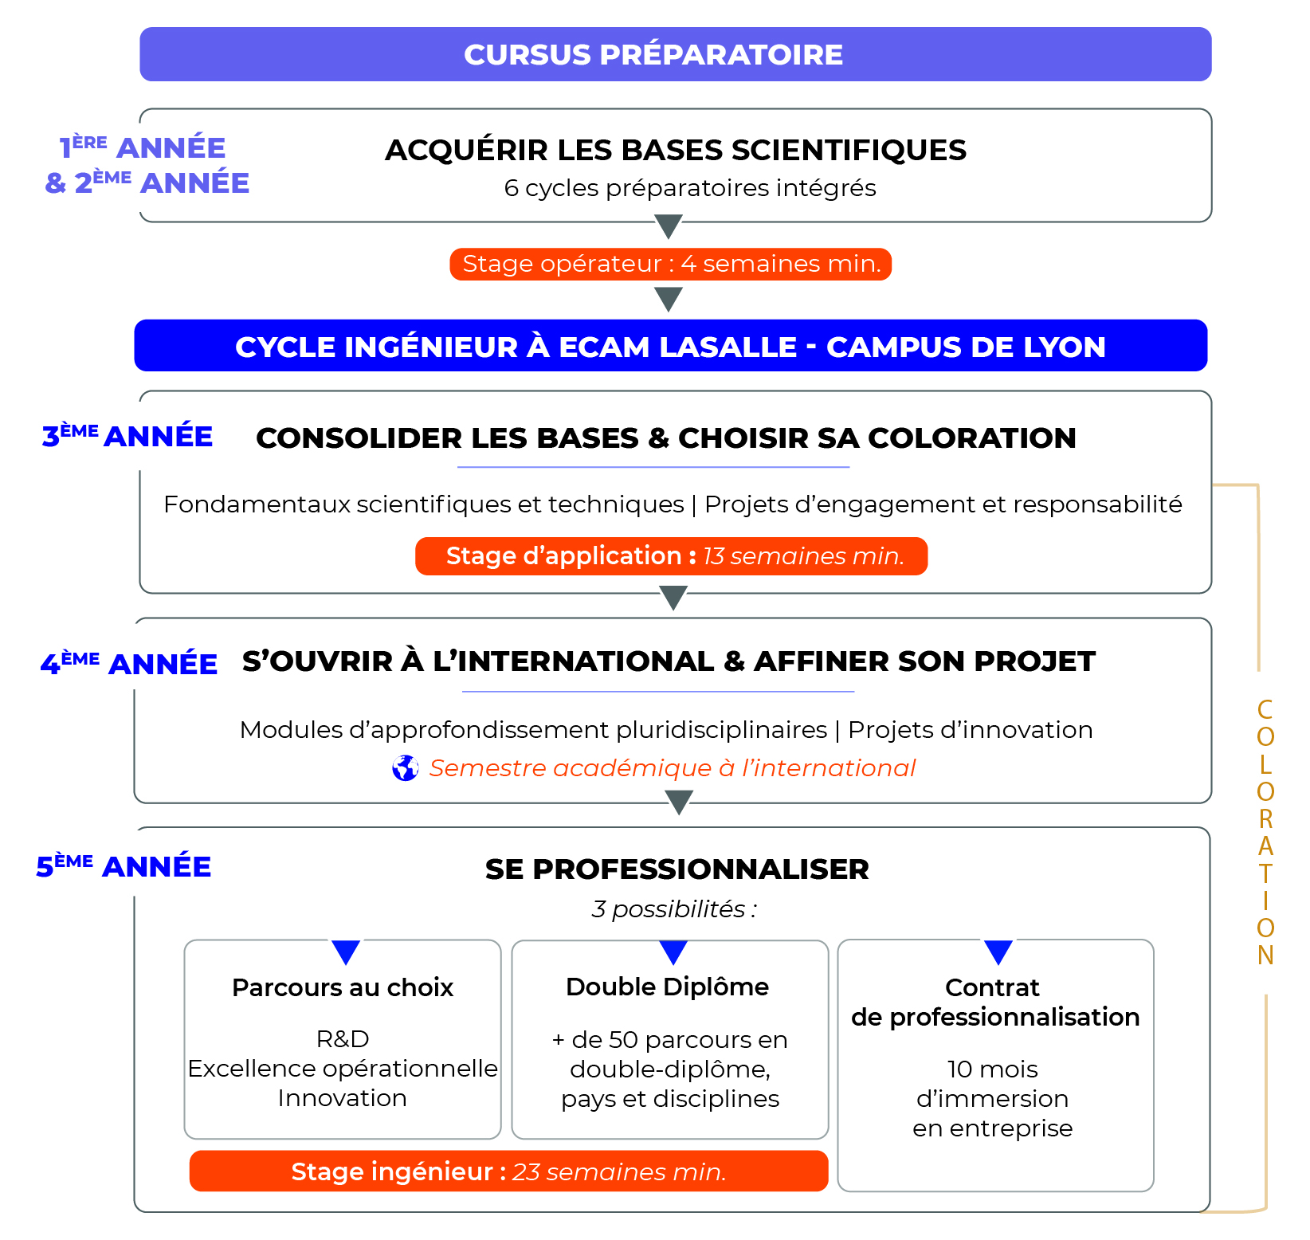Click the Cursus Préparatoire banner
point(675,54)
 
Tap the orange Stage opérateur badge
point(670,264)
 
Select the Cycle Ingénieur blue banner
point(670,346)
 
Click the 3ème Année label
point(127,437)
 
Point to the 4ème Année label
point(129,663)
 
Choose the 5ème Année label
point(124,866)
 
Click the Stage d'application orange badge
point(671,556)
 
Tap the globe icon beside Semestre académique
point(406,768)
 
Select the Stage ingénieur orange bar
point(508,1171)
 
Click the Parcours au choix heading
point(343,987)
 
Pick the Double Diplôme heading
point(667,987)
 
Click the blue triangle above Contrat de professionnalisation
point(998,952)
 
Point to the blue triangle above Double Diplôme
point(673,952)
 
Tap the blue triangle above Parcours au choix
point(346,952)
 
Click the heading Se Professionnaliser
point(677,869)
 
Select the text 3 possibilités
point(674,909)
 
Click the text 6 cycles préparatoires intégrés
point(690,188)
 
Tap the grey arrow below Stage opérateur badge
point(669,300)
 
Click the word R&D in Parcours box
point(343,1039)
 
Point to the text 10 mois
point(992,1069)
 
